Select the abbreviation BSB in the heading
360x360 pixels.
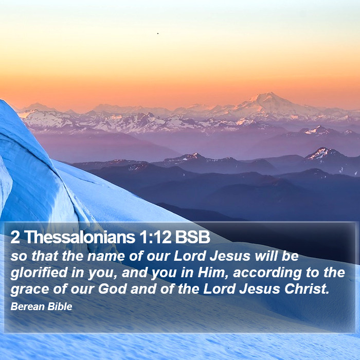(x=193, y=237)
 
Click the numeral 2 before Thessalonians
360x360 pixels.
(x=15, y=237)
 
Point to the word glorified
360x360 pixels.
(x=39, y=273)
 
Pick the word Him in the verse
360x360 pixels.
(x=211, y=273)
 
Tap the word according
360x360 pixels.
(x=267, y=273)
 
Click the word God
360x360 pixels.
(x=112, y=289)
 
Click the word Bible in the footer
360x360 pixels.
(x=60, y=307)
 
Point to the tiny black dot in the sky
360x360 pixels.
(x=158, y=33)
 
